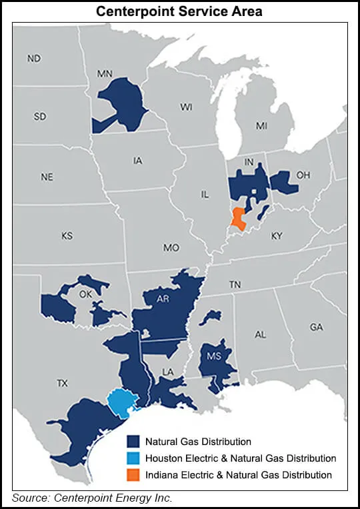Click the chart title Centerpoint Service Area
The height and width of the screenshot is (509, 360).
[x=179, y=11]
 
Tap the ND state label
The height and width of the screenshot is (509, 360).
[x=34, y=59]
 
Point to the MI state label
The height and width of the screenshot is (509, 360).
[x=261, y=125]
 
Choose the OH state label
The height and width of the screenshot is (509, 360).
[x=303, y=175]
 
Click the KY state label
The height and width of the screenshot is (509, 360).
[x=277, y=236]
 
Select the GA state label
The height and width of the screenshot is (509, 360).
[x=316, y=327]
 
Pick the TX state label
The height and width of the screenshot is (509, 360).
[x=62, y=383]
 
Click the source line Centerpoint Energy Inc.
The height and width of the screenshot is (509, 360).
[x=93, y=497]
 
